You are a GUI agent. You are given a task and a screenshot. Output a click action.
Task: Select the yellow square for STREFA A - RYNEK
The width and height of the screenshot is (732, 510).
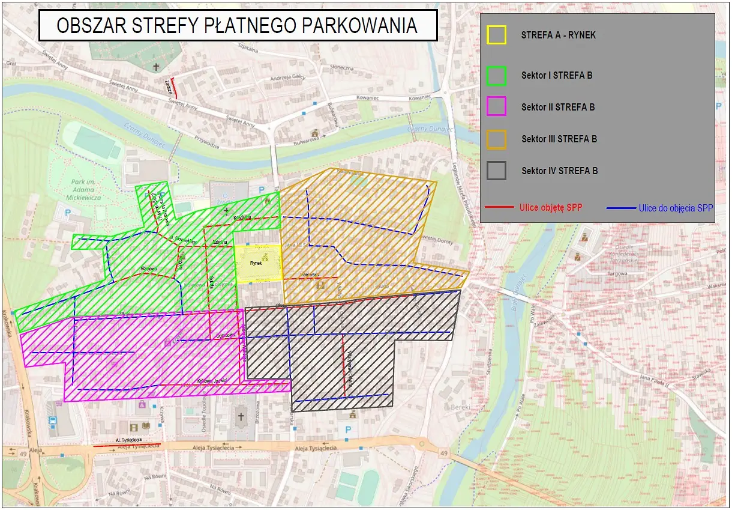coord(496,35)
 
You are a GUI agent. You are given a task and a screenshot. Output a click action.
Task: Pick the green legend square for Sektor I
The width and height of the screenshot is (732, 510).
coord(496,75)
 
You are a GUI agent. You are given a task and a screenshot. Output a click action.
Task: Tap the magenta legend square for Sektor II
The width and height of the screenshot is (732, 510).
coord(496,107)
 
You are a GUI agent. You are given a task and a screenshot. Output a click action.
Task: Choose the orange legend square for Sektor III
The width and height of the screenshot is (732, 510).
coord(496,139)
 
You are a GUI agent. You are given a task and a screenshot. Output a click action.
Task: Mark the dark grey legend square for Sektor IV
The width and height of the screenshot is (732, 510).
coord(496,171)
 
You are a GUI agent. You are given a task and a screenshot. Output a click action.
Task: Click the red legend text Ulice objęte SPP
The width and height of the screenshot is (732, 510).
coord(550,207)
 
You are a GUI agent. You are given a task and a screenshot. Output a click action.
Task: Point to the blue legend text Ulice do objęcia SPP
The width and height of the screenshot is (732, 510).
coord(676,208)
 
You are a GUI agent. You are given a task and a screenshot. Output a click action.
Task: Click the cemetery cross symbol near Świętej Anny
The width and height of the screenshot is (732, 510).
coord(157,67)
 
